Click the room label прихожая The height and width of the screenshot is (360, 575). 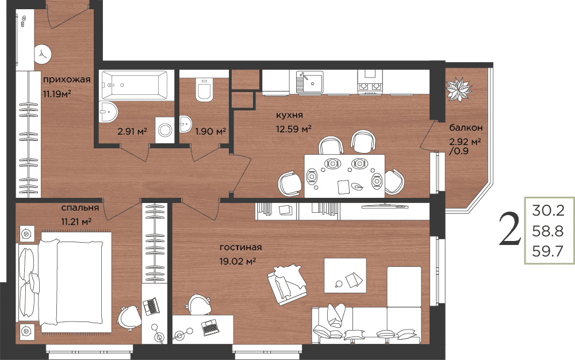67,79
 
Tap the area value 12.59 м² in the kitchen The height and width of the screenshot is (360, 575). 294,129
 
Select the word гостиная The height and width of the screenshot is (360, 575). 240,247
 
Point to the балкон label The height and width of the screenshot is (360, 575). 466,128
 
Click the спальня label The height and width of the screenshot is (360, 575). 80,208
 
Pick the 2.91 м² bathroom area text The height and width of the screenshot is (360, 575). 132,131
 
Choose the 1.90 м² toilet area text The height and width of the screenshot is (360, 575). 210,131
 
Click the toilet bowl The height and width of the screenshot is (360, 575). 204,90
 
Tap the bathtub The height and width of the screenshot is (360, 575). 134,85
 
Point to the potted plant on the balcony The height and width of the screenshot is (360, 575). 458,89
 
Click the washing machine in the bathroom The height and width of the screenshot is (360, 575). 164,130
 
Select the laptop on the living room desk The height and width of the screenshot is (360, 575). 210,327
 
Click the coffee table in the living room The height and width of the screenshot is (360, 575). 345,275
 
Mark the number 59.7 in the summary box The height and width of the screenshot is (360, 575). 547,251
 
